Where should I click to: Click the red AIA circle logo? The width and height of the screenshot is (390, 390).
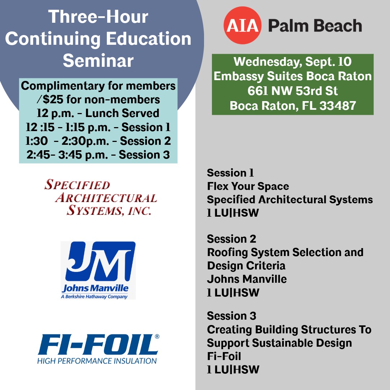[x=243, y=25]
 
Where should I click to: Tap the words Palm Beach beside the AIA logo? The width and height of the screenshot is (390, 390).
[x=315, y=26]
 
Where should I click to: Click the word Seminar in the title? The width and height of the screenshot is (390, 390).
[x=98, y=60]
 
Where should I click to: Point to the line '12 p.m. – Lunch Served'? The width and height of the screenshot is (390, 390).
[x=98, y=113]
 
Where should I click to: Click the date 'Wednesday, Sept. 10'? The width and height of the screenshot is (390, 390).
[x=292, y=62]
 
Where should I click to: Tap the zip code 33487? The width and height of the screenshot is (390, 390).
[x=338, y=105]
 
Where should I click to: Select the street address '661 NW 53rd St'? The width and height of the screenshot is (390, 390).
[x=292, y=91]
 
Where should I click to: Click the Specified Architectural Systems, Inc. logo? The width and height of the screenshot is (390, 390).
[x=100, y=198]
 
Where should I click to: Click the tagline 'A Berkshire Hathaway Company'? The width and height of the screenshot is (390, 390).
[x=94, y=296]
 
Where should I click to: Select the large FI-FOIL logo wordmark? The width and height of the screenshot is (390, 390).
[x=98, y=344]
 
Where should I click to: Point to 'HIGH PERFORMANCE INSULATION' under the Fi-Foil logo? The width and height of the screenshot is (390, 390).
[x=97, y=361]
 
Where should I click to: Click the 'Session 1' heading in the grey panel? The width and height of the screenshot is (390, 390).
[x=230, y=173]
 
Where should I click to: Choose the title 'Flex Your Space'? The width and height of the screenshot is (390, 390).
[x=248, y=186]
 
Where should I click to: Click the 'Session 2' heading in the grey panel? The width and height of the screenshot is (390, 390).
[x=231, y=239]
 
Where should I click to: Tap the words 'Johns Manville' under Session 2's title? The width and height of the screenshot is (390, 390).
[x=247, y=279]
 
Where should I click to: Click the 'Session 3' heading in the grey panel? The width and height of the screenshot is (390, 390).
[x=231, y=316]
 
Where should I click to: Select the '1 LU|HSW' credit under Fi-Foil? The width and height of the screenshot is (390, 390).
[x=233, y=370]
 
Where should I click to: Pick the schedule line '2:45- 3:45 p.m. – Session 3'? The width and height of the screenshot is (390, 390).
[x=98, y=155]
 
